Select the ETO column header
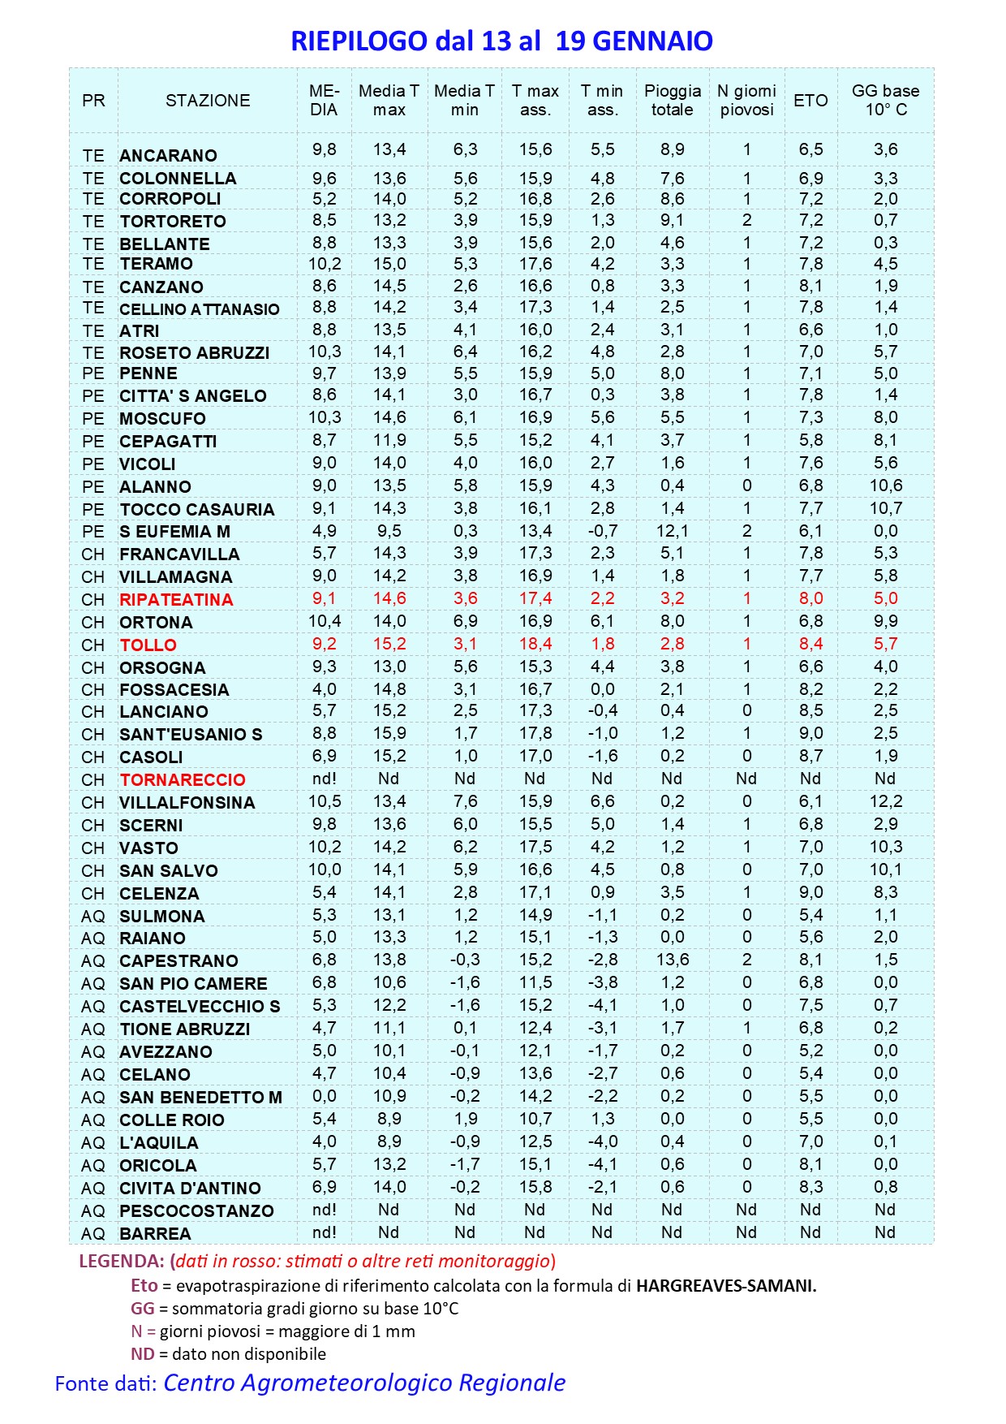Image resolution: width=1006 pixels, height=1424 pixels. tap(810, 101)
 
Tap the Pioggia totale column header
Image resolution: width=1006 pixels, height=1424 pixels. tap(672, 101)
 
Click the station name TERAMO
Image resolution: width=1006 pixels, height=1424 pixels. tap(156, 264)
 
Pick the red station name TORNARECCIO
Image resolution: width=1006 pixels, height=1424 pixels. tap(183, 780)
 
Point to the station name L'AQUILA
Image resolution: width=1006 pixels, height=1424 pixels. tap(158, 1143)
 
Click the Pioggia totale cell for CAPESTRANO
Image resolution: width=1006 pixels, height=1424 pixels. tap(672, 960)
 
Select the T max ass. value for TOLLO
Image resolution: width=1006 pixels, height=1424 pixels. tap(535, 644)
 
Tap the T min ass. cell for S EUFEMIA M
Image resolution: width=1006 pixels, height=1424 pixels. tap(602, 531)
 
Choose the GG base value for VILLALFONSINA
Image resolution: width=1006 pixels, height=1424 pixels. tap(885, 801)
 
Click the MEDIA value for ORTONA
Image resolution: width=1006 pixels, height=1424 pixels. tap(324, 621)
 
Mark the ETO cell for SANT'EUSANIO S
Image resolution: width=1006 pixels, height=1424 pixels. tap(810, 733)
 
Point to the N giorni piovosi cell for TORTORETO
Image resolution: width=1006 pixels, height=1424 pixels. tap(746, 220)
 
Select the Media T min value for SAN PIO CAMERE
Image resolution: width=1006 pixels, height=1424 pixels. tap(465, 982)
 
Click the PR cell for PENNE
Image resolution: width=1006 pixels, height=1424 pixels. tap(93, 373)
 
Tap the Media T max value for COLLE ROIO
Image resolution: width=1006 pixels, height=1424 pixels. tap(389, 1119)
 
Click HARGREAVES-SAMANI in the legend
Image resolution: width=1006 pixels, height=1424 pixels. tap(725, 1286)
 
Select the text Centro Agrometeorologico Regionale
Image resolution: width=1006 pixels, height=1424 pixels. tap(364, 1383)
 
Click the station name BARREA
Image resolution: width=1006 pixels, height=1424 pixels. tap(155, 1234)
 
